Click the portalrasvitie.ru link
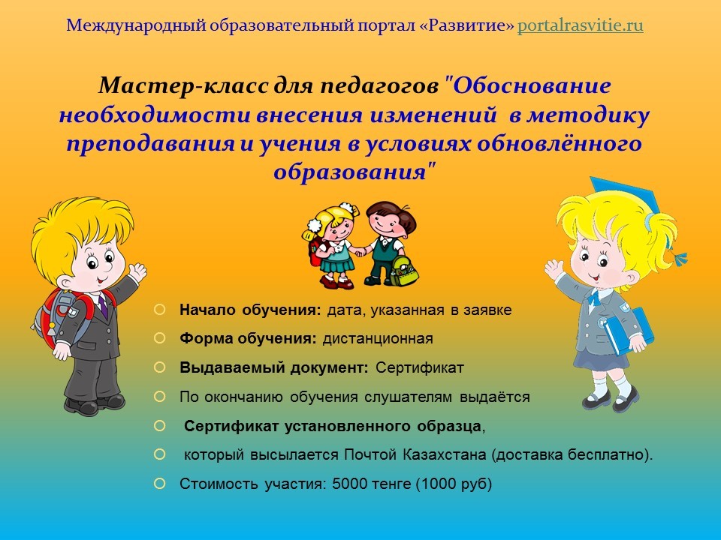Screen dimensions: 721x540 coord(580,25)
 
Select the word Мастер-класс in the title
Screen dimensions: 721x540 coord(183,85)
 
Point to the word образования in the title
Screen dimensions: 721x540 coord(350,172)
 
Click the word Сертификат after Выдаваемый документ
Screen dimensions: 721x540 coord(420,367)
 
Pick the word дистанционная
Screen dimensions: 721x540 coord(378,339)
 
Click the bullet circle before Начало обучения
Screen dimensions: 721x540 coord(159,310)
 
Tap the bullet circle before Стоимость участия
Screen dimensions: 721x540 coord(159,484)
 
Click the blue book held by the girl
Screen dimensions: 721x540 coord(627,330)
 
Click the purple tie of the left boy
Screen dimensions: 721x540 coord(103,306)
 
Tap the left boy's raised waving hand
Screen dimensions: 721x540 coord(137,271)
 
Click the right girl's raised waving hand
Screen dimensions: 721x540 coord(554,269)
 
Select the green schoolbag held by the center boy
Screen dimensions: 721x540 coord(404,271)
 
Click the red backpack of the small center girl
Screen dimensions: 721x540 coord(314,253)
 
